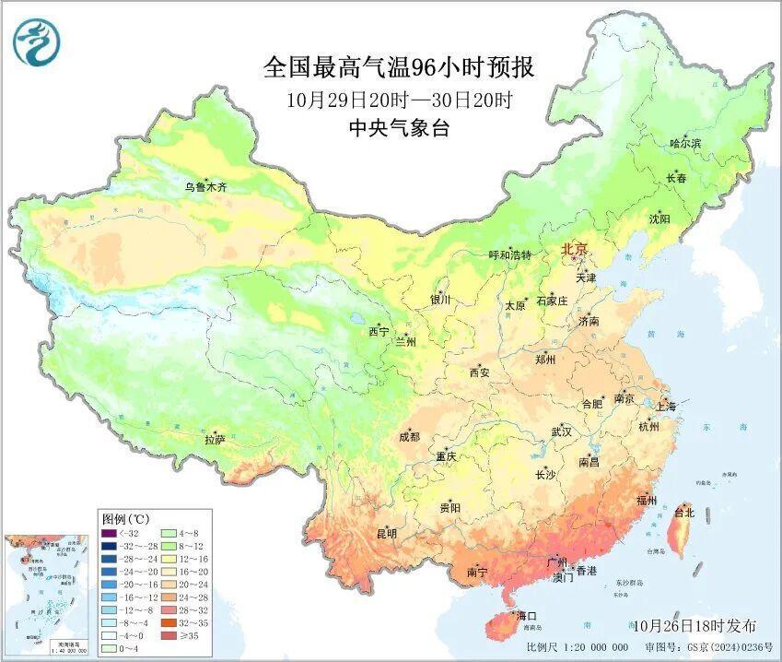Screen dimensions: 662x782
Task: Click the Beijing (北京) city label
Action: [x=575, y=250]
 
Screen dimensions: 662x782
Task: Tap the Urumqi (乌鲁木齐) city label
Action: [x=204, y=187]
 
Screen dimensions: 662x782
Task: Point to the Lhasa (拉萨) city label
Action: [x=215, y=440]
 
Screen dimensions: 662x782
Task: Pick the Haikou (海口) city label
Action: [x=526, y=615]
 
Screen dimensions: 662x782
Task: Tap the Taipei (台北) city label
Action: [x=684, y=511]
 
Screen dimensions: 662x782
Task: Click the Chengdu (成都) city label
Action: [x=409, y=437]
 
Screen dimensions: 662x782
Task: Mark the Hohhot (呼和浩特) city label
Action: [x=509, y=254]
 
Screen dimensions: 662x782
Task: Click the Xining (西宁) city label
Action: [x=379, y=331]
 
